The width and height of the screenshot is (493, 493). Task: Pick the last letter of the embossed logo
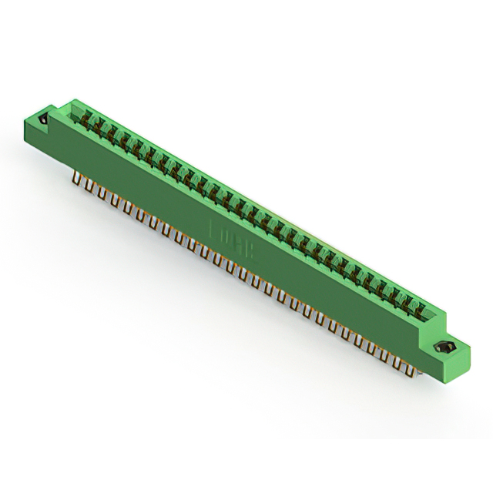click(253, 251)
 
